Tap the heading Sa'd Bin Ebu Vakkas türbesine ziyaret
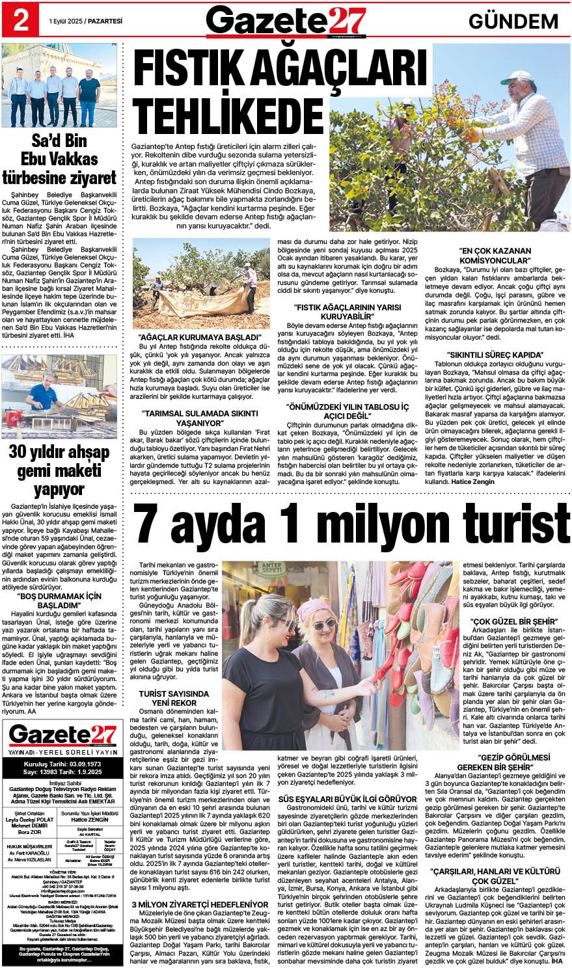point(59,159)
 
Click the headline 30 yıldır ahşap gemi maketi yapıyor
point(59,470)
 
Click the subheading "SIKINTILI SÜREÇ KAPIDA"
point(495,355)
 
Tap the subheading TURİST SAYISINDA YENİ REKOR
point(174,698)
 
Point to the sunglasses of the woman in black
point(282,625)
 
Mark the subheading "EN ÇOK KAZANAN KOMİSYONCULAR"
point(495,255)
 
